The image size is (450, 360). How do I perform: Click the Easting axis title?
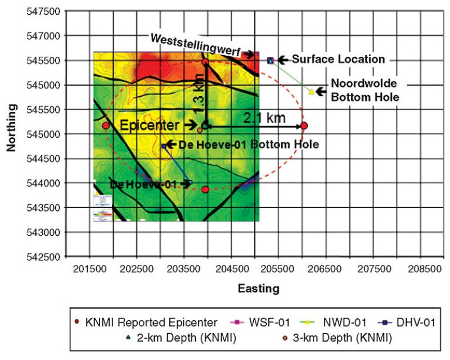pyautogui.click(x=258, y=289)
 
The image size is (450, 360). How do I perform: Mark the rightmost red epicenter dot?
pyautogui.click(x=304, y=125)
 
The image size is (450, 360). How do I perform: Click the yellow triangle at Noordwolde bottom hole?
pyautogui.click(x=311, y=91)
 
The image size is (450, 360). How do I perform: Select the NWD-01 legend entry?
pyautogui.click(x=337, y=322)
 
